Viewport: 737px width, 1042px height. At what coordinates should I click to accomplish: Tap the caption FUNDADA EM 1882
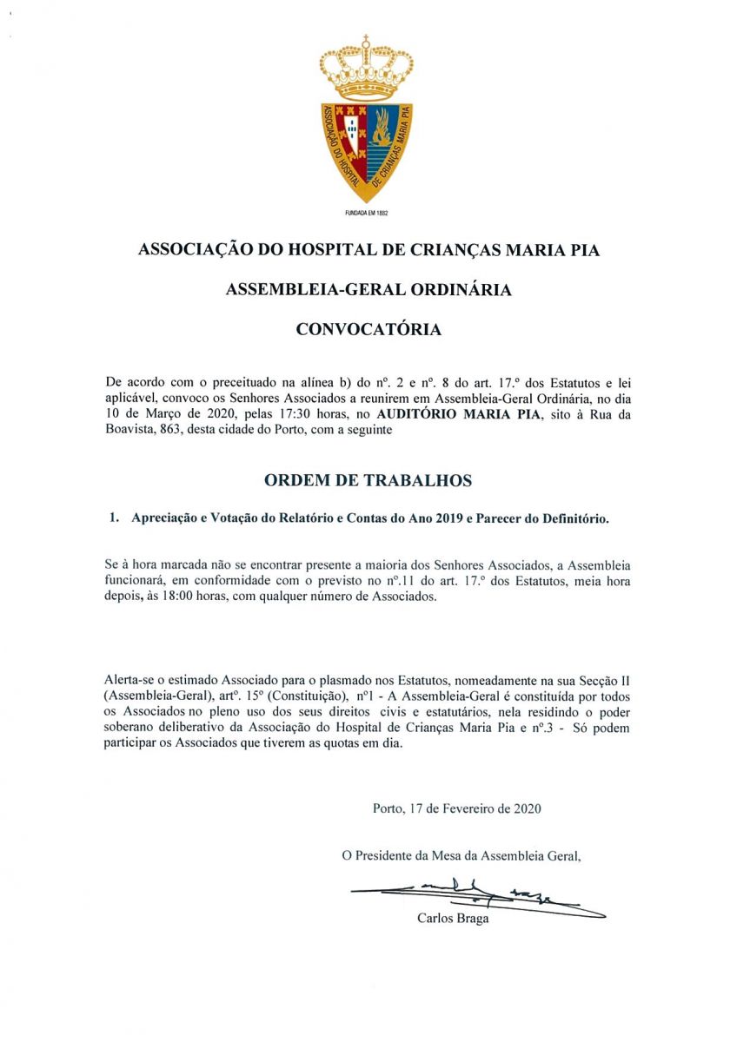[x=366, y=212]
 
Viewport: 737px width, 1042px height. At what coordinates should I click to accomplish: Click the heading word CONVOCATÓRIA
[x=368, y=330]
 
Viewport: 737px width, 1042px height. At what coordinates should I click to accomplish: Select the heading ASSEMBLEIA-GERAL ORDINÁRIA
[x=368, y=290]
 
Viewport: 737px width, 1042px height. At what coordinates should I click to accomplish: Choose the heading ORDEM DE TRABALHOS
[x=368, y=480]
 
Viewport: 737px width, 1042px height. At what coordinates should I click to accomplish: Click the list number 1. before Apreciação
[x=113, y=518]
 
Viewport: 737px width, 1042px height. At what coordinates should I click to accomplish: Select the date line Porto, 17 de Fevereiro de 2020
[x=457, y=808]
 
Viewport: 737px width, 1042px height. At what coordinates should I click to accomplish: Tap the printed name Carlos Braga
[x=453, y=919]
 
